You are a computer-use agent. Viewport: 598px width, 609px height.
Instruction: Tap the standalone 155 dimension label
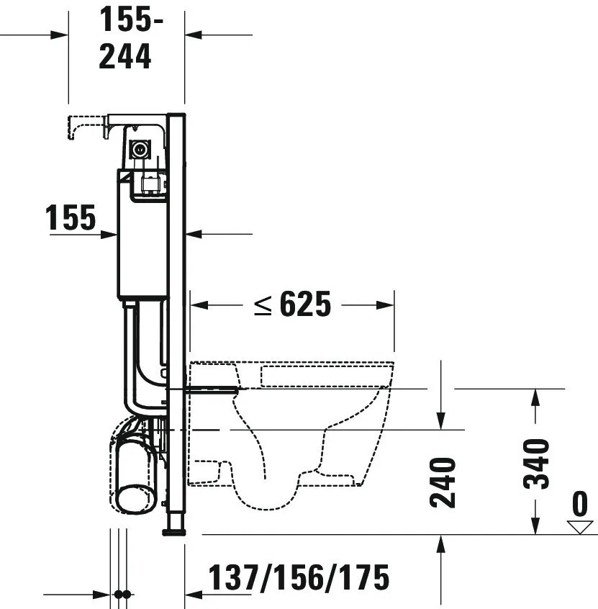click(x=71, y=217)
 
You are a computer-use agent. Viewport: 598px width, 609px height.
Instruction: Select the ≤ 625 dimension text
click(x=292, y=305)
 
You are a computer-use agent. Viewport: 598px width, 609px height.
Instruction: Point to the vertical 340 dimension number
click(x=536, y=464)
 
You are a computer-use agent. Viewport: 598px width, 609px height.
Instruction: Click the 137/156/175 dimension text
click(x=299, y=577)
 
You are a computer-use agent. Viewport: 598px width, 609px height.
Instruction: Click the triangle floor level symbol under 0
click(x=579, y=527)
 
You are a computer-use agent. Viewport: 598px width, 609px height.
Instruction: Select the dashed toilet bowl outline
click(x=291, y=425)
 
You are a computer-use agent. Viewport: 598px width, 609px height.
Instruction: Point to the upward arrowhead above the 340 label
click(x=536, y=395)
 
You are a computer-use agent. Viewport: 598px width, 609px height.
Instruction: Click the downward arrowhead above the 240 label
click(x=441, y=420)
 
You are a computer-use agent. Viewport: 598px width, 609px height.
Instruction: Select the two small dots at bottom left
click(x=122, y=595)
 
